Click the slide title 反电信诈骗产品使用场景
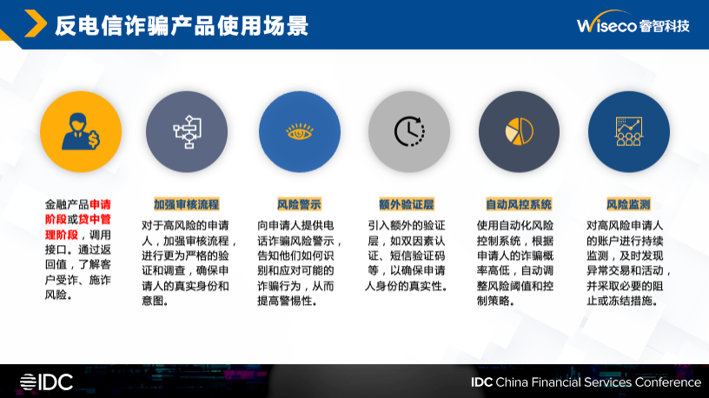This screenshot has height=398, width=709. pos(182,25)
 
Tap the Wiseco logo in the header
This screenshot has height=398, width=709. pos(633,23)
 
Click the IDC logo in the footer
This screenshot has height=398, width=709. pos(46,382)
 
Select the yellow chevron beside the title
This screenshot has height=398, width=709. pos(36,23)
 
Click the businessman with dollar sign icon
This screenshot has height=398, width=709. pos(81,131)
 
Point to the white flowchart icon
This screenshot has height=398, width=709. pos(187,131)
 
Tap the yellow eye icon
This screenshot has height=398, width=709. pos(300,132)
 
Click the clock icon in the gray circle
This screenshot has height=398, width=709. pos(409,131)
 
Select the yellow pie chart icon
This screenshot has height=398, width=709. pos(519,131)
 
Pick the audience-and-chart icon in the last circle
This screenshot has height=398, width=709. pos(628,131)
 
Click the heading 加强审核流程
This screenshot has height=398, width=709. pos(186,204)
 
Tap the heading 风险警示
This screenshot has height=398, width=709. pos(299,204)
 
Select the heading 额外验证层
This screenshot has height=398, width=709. pos(407,204)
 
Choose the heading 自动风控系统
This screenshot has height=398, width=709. pos(519,204)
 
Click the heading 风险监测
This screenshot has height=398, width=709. pos(628,204)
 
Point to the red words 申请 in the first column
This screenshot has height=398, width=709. pos(101,204)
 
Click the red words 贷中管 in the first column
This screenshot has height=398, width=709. pos(95,219)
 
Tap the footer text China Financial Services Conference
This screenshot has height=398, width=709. pos(598,382)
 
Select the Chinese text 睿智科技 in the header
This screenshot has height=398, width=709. pos(664,26)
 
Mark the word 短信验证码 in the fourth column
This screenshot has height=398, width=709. pos(417,255)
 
